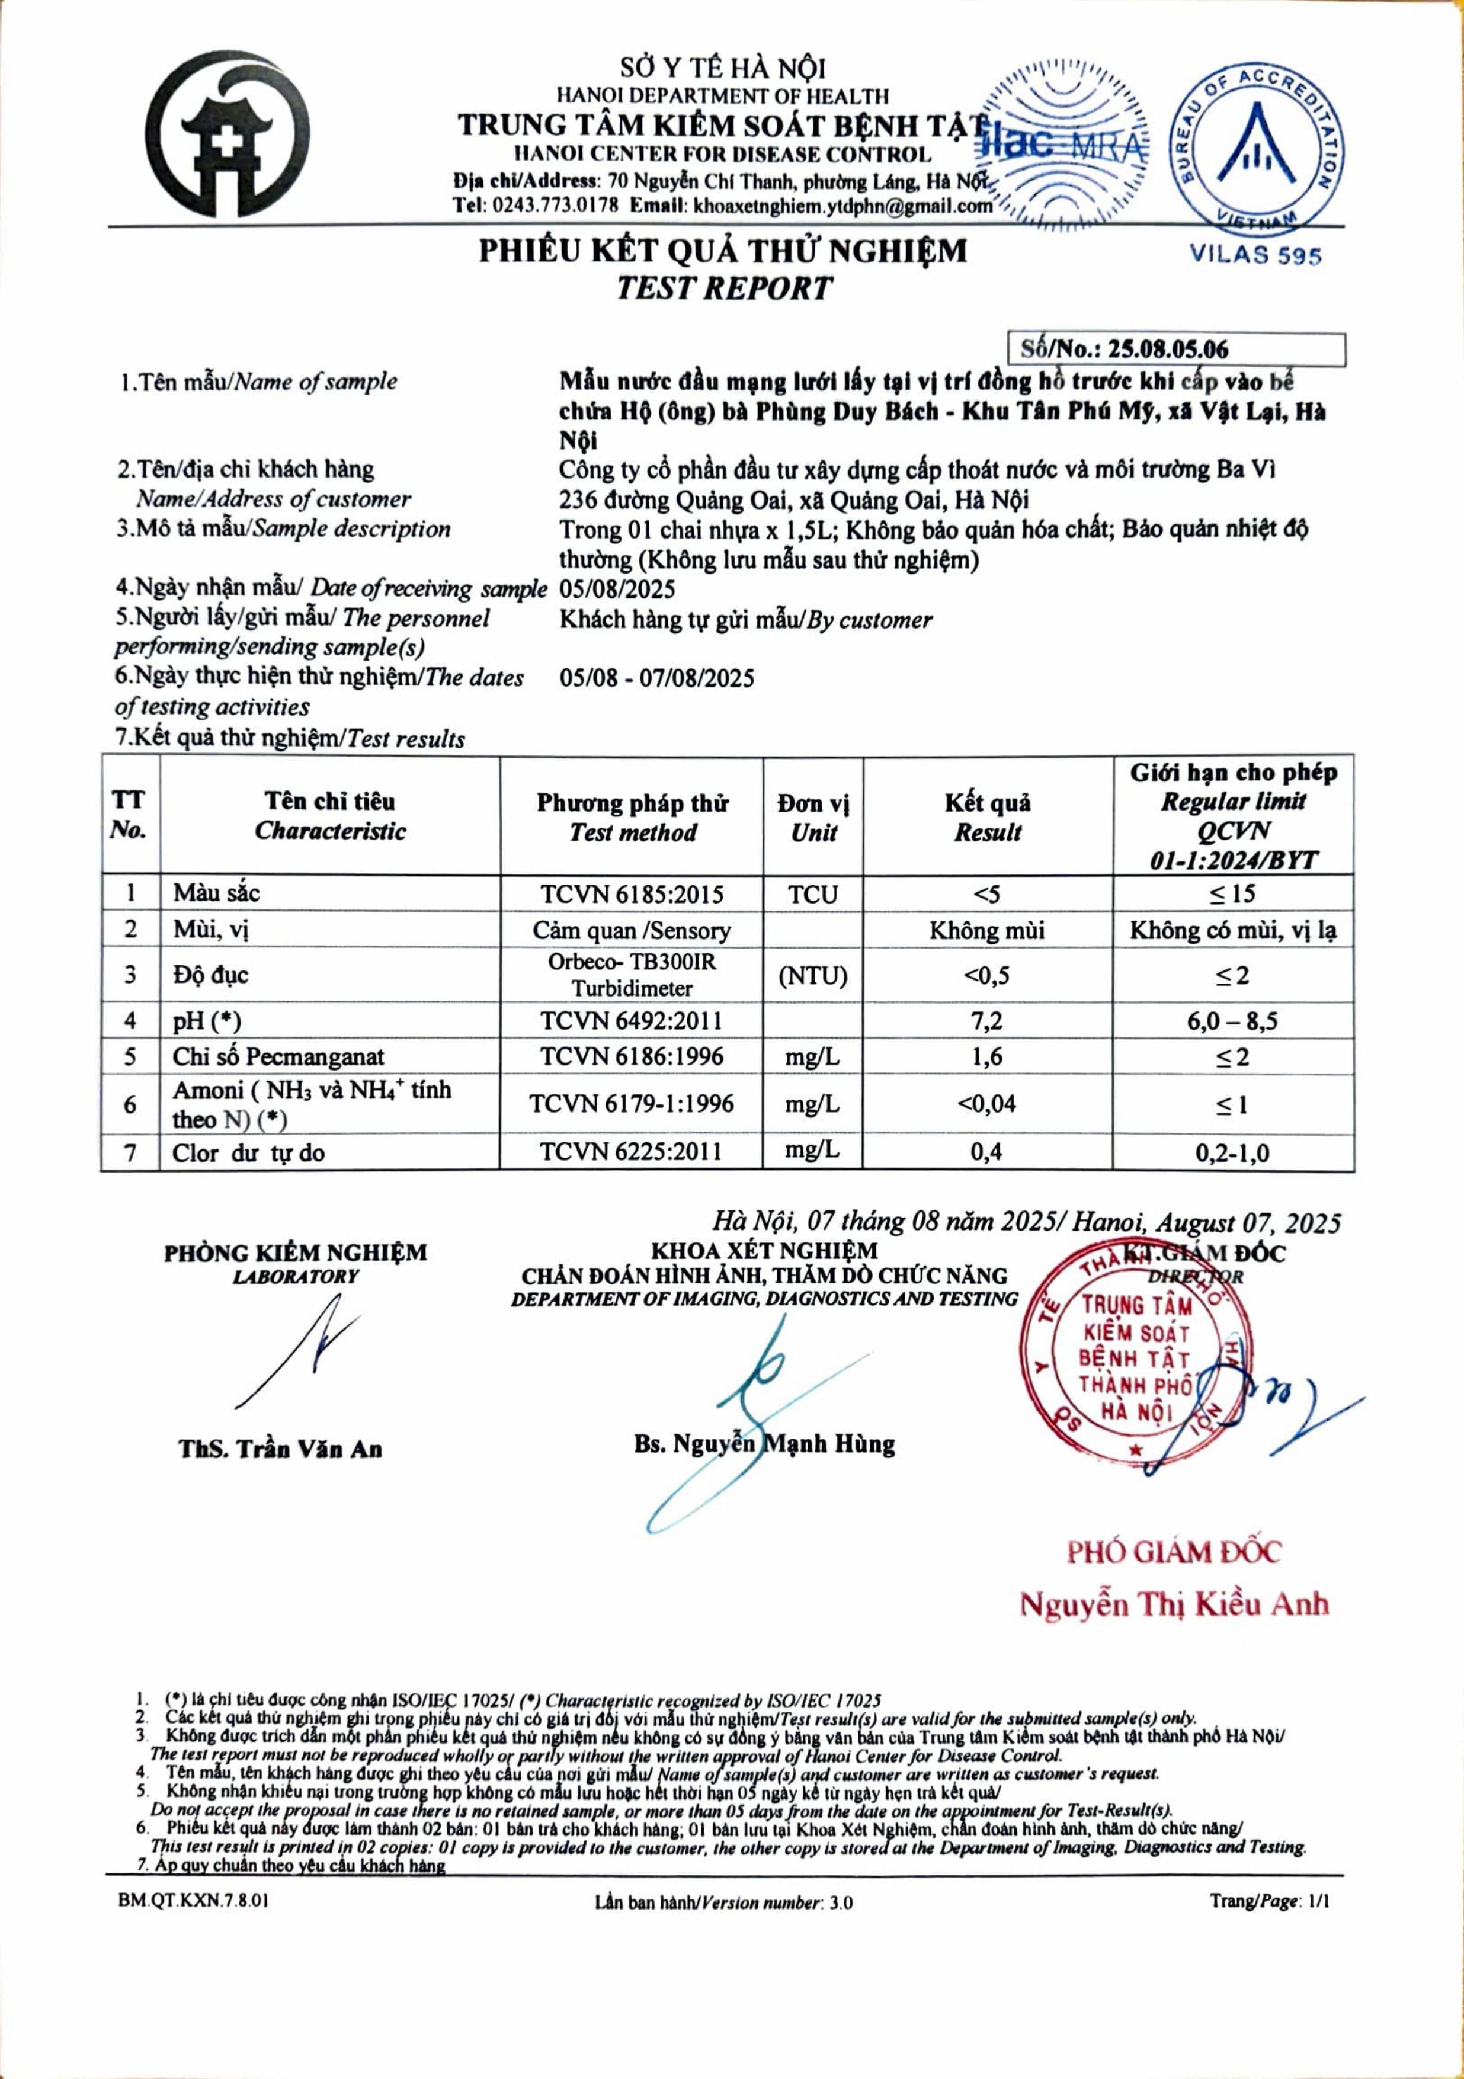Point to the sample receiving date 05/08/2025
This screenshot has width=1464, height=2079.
[x=617, y=590]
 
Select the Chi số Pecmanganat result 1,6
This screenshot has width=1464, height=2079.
[x=987, y=1057]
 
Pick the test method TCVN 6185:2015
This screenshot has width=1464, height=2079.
[x=632, y=895]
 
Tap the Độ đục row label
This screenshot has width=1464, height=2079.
[x=210, y=975]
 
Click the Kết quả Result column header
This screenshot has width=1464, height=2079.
[x=987, y=817]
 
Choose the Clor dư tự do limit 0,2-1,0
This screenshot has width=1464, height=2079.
[x=1232, y=1153]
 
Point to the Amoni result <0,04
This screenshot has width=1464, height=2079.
[x=987, y=1104]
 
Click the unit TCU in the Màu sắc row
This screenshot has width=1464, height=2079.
[x=812, y=895]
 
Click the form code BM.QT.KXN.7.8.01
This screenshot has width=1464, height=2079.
[x=193, y=1901]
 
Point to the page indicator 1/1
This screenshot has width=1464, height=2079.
[x=1319, y=1901]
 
